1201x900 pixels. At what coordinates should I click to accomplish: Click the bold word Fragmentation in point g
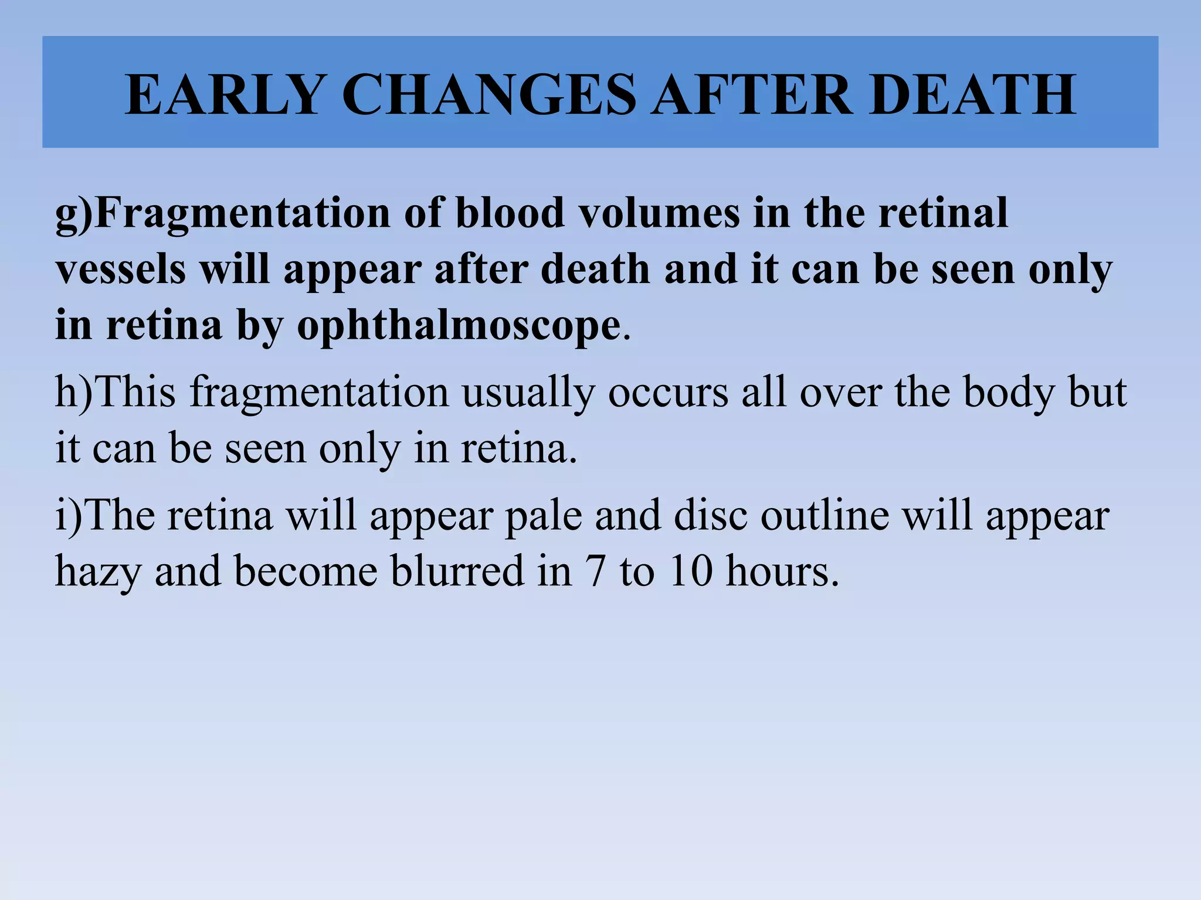(x=242, y=213)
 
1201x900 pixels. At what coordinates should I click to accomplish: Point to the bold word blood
(x=510, y=213)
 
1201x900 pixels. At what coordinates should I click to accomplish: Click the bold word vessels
(x=121, y=270)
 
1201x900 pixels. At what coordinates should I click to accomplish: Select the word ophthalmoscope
(x=459, y=326)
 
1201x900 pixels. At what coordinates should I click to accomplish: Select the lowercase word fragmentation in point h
(x=319, y=393)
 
